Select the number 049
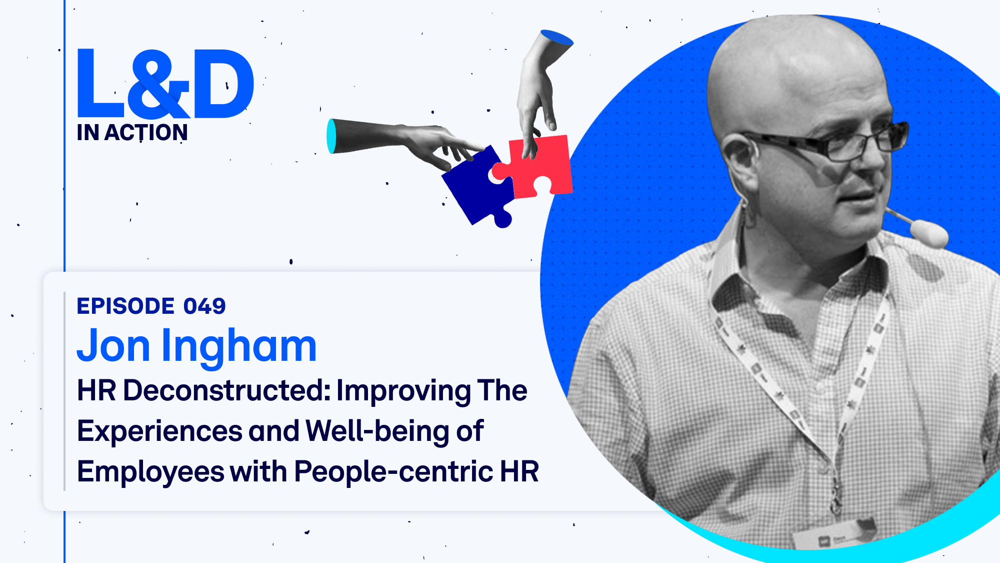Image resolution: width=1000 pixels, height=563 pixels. click(x=204, y=306)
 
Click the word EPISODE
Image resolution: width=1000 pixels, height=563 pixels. click(x=125, y=306)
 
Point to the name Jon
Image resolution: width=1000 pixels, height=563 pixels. click(x=113, y=346)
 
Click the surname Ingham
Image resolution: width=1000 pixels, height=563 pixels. click(x=239, y=348)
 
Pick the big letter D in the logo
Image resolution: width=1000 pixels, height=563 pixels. click(x=223, y=84)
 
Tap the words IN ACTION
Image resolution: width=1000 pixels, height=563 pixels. click(x=132, y=133)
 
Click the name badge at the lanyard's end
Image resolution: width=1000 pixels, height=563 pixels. click(x=835, y=535)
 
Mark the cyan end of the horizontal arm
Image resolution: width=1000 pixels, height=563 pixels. click(x=331, y=136)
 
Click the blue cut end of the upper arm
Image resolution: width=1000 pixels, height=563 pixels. click(x=556, y=38)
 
